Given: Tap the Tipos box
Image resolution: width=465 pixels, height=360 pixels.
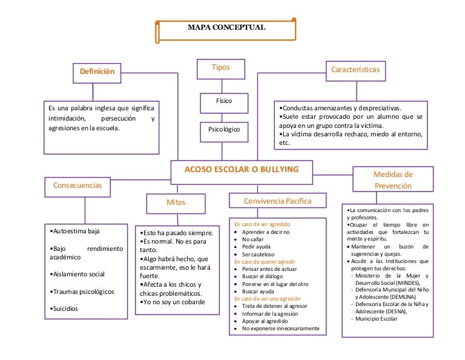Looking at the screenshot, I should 220,68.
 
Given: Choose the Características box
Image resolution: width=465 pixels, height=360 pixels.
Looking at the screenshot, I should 355,70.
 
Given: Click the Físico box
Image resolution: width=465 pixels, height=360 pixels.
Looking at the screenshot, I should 223,101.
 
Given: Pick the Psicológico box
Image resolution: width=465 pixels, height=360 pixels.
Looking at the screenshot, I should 223,130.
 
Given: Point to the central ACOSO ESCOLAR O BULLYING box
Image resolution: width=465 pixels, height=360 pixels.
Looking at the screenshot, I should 242,170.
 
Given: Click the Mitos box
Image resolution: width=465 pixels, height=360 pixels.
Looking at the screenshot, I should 176,202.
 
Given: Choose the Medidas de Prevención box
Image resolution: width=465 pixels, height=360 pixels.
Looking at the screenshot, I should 392,180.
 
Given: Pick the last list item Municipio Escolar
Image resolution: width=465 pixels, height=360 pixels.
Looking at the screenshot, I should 379,319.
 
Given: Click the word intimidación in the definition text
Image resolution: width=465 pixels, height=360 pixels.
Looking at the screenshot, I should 67,118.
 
